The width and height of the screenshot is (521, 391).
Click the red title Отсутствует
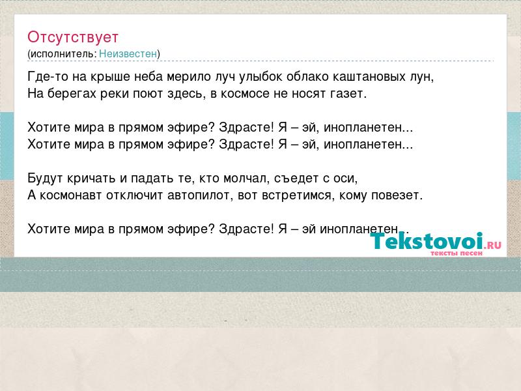coord(73,37)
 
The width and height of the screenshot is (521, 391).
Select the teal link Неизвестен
coord(128,53)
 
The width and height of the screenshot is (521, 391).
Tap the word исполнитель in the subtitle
coord(63,54)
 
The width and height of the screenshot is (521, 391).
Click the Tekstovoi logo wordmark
coord(427,240)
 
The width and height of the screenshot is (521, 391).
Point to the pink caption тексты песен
coord(457,253)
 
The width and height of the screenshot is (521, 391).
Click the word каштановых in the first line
coord(373,77)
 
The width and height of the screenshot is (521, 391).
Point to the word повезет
coord(397,195)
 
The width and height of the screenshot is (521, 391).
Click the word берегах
coord(72,94)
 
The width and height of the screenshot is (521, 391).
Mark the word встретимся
coord(297,195)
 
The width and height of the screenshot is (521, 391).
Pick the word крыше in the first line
coord(110,77)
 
